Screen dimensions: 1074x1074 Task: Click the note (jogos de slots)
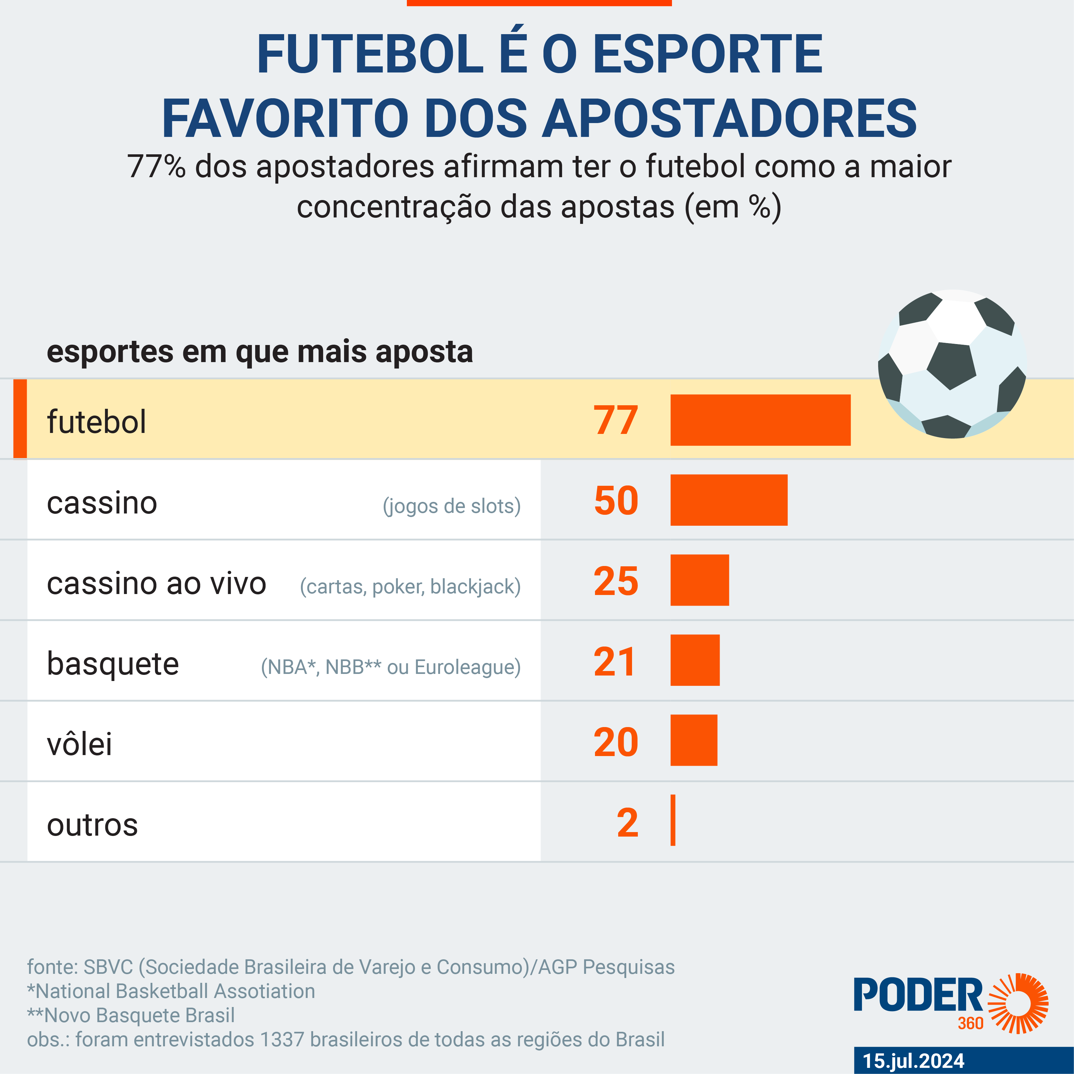(x=451, y=506)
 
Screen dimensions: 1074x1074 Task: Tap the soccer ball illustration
(x=952, y=364)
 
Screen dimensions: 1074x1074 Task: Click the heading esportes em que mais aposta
(x=260, y=351)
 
